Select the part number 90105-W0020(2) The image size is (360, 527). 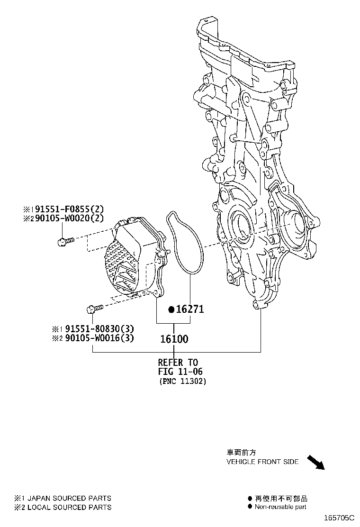click(x=70, y=218)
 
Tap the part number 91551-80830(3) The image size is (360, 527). click(x=99, y=328)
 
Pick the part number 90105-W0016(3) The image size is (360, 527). click(x=99, y=338)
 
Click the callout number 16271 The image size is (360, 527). click(x=190, y=309)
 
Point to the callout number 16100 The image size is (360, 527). click(x=174, y=339)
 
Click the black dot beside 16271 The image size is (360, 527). click(x=171, y=309)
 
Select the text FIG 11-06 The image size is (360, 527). click(x=180, y=372)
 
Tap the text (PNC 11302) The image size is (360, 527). click(x=182, y=382)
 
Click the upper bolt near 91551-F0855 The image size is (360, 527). click(x=65, y=241)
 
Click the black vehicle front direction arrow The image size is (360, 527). click(x=315, y=463)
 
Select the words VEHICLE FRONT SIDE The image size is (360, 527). click(x=262, y=462)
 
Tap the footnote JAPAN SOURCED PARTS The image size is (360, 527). click(x=69, y=498)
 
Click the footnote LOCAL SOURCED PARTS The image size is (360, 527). click(x=70, y=507)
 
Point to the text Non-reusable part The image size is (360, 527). click(x=280, y=507)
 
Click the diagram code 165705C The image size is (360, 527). click(x=339, y=518)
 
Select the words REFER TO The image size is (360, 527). click(x=178, y=362)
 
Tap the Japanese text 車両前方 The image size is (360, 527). click(x=241, y=453)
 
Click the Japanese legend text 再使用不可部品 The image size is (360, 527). click(x=281, y=499)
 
